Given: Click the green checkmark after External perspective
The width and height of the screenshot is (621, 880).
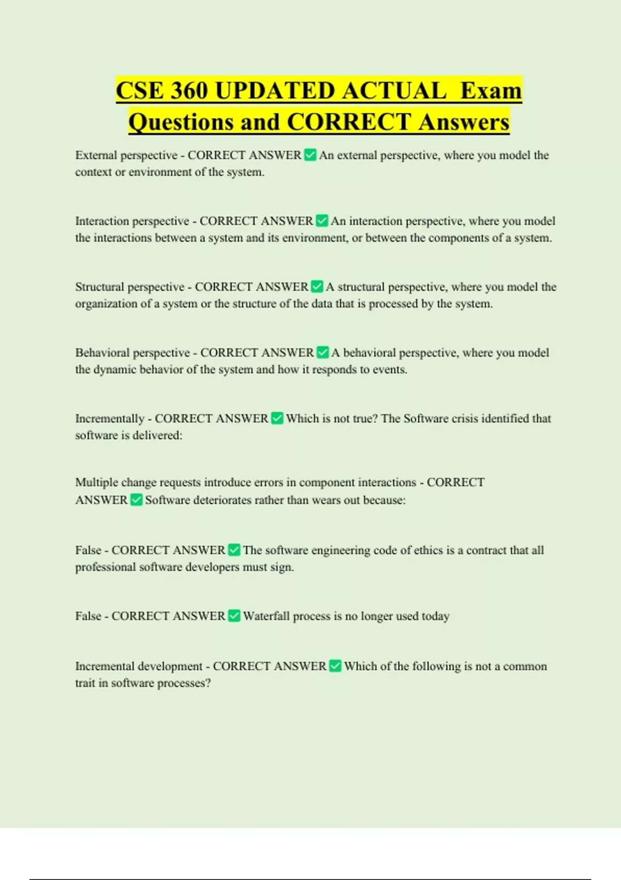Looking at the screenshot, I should tap(310, 155).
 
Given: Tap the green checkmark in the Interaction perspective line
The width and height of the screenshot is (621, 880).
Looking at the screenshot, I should tap(322, 221).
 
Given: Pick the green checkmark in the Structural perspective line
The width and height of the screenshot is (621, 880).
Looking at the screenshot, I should tap(317, 287).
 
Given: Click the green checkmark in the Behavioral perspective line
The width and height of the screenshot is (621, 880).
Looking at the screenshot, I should tap(322, 353).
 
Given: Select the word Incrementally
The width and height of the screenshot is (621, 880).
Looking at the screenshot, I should tap(109, 418).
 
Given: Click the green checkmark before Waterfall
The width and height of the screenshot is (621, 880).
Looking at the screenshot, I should tap(234, 616).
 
